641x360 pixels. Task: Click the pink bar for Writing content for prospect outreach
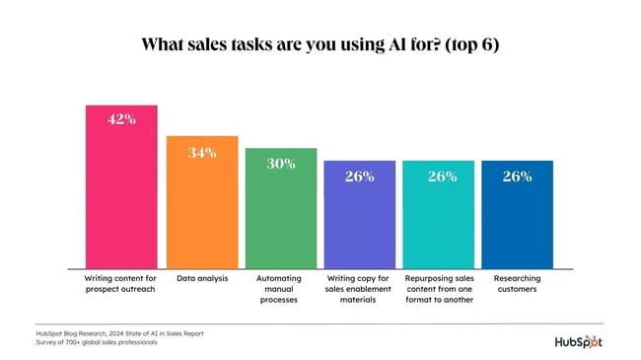pyautogui.click(x=122, y=197)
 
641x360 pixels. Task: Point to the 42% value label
pyautogui.click(x=122, y=119)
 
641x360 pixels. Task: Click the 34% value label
pyautogui.click(x=201, y=152)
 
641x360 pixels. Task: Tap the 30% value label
pyautogui.click(x=280, y=164)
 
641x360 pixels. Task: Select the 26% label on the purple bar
pyautogui.click(x=359, y=177)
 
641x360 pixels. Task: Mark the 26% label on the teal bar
pyautogui.click(x=439, y=177)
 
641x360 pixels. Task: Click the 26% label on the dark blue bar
pyautogui.click(x=517, y=177)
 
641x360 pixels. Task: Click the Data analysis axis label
pyautogui.click(x=201, y=279)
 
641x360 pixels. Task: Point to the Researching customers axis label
pyautogui.click(x=517, y=284)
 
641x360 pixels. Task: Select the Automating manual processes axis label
pyautogui.click(x=280, y=289)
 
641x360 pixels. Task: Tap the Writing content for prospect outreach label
pyautogui.click(x=122, y=284)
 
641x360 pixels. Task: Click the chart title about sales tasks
pyautogui.click(x=320, y=44)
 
